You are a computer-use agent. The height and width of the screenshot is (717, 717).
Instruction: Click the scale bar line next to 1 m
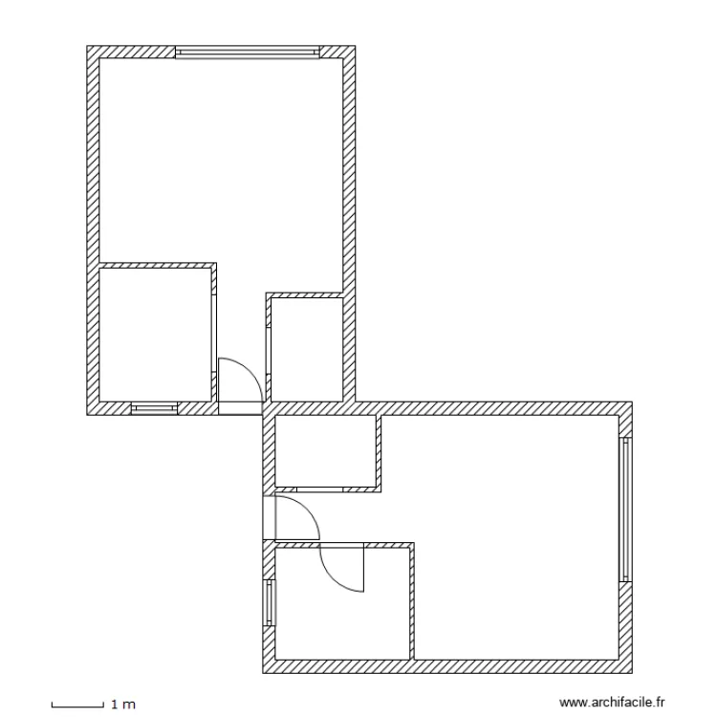(x=76, y=706)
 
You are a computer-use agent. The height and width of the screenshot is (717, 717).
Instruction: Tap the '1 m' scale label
(x=124, y=706)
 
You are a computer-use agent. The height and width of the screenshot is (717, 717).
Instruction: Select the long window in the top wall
(x=247, y=52)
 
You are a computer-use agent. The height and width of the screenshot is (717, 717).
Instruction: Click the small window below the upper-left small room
(x=154, y=408)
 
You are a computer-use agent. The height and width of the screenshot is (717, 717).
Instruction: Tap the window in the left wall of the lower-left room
(x=269, y=602)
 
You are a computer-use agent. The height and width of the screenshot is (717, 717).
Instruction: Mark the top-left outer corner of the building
(x=88, y=46)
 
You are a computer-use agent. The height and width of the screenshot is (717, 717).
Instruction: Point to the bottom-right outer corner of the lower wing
(x=633, y=671)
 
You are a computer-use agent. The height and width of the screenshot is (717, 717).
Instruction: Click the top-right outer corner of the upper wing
(x=356, y=46)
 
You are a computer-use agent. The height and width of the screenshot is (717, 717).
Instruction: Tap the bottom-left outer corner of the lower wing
(x=263, y=671)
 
